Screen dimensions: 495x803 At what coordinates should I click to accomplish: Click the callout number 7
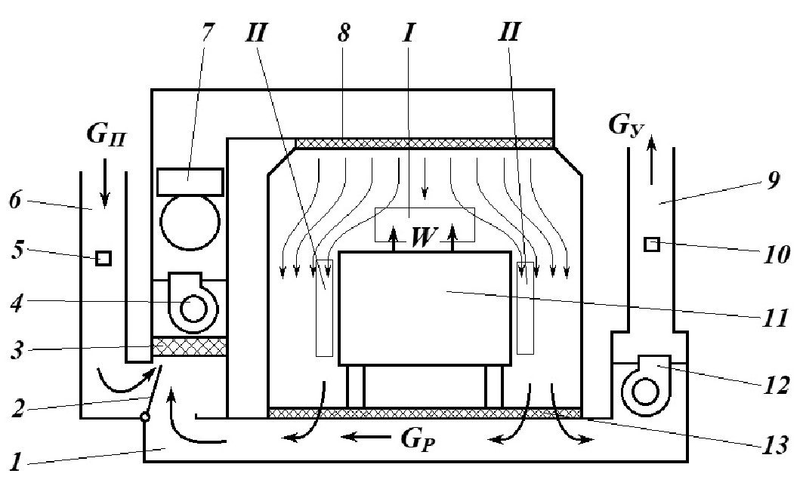pos(207,34)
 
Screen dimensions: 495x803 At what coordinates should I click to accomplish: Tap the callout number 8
pos(343,34)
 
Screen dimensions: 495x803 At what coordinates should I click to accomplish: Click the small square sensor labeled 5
pos(104,258)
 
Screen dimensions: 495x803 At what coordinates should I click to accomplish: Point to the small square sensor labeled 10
pos(651,244)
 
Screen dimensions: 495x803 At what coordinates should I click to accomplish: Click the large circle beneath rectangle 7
pos(190,222)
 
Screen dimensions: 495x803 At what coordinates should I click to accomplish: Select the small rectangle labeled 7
pos(190,181)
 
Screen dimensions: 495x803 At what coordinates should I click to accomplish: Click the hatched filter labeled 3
pos(190,346)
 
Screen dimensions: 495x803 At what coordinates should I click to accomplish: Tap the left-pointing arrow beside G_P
pos(358,436)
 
